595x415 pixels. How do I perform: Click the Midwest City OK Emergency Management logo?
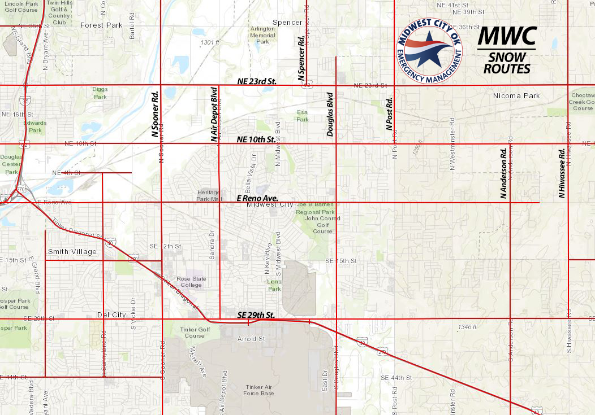429,50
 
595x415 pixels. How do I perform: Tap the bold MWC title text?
507,36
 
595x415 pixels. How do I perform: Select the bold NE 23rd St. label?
256,81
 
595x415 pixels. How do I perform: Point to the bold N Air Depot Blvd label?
214,113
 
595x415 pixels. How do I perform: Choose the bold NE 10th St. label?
256,139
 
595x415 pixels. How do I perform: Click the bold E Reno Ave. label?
257,198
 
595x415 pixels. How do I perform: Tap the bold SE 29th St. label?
256,314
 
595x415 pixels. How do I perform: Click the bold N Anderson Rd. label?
503,173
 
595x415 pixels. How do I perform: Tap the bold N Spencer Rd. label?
301,56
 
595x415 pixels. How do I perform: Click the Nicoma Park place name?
516,96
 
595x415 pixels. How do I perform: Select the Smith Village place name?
72,252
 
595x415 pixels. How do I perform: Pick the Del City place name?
111,314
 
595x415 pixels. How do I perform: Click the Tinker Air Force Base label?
259,390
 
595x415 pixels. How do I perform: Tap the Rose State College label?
192,282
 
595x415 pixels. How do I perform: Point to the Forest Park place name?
101,25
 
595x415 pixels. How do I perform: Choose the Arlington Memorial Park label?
262,35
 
